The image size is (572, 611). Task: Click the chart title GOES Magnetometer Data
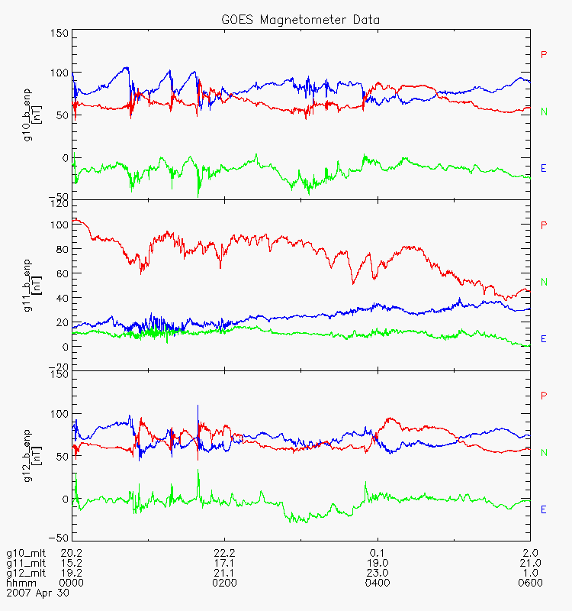point(300,20)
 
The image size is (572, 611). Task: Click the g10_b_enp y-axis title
point(32,115)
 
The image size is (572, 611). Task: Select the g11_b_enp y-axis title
point(32,285)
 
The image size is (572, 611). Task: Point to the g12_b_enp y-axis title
point(32,456)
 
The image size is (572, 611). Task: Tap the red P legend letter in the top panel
point(544,54)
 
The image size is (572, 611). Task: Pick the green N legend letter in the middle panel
point(544,282)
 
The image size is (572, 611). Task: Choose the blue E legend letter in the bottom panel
point(544,509)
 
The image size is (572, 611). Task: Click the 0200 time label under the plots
point(224,584)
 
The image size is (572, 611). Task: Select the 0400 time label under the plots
point(378,584)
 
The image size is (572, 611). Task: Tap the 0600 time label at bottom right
point(530,584)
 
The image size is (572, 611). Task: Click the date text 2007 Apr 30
point(37,593)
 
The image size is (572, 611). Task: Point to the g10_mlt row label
point(26,554)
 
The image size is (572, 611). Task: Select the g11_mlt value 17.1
point(224,564)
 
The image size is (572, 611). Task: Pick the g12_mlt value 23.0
point(378,574)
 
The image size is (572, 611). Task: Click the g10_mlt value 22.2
point(224,553)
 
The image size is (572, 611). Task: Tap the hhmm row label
point(21,584)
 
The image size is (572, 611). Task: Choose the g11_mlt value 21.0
point(530,564)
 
